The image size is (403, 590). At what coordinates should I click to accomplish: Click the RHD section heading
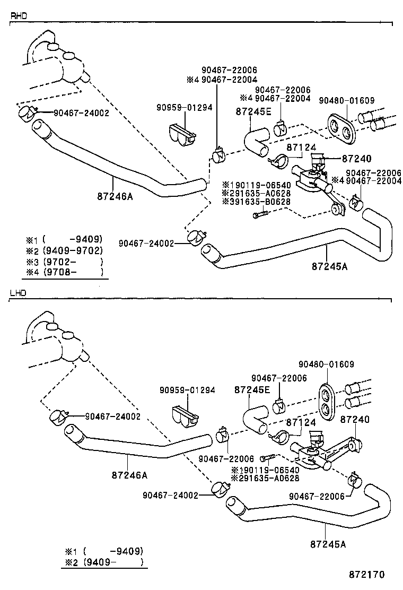click(19, 16)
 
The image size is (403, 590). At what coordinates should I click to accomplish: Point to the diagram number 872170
click(366, 575)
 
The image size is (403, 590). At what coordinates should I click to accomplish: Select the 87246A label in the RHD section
click(115, 196)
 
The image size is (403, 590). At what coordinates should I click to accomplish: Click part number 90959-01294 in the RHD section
click(184, 107)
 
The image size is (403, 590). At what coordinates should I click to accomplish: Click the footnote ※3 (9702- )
click(64, 262)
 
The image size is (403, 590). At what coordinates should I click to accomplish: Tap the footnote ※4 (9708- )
click(64, 273)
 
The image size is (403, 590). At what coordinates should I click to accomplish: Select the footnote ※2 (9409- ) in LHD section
click(104, 562)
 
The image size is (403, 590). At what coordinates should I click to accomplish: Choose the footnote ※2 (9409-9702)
click(64, 250)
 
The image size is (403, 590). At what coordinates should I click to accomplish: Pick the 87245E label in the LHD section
click(252, 390)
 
